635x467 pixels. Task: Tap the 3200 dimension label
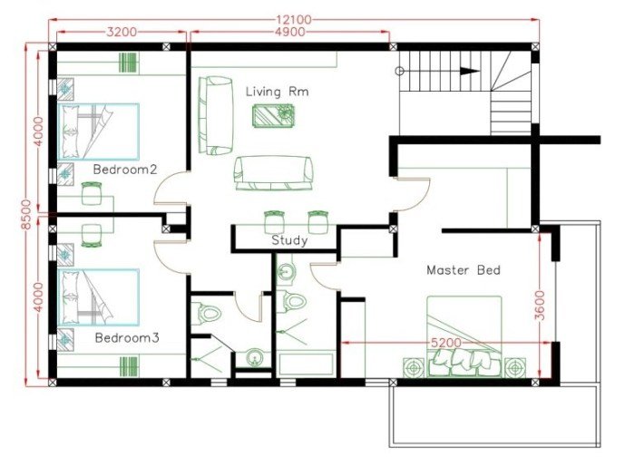(122, 32)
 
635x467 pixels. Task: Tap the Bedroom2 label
(125, 169)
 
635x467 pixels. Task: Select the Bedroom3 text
(127, 337)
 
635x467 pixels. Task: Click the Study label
(289, 240)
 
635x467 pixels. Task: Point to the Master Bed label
(463, 270)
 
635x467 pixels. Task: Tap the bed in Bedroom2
(99, 132)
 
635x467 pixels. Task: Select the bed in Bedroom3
(99, 297)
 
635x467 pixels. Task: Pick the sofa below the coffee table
(273, 171)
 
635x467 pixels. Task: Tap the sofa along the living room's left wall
(216, 116)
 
